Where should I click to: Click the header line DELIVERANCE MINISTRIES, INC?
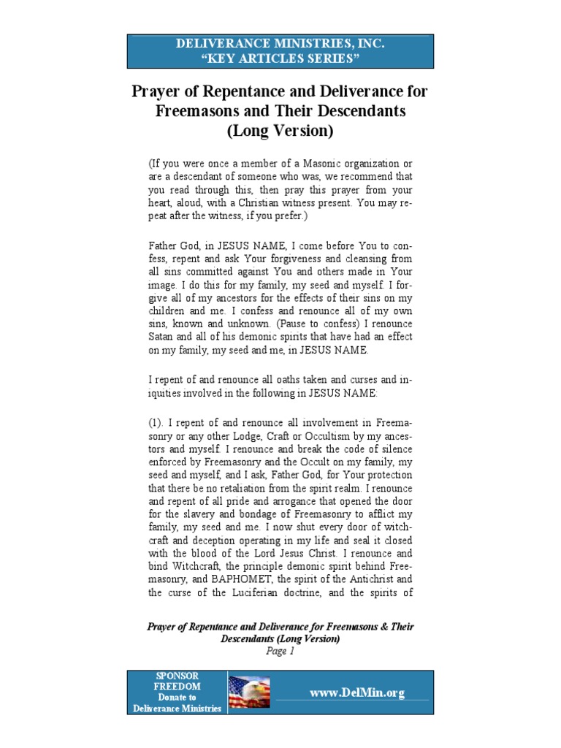point(280,44)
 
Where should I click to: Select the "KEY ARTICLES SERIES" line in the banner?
point(280,58)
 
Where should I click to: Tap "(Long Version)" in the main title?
point(280,131)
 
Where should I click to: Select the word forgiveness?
point(274,259)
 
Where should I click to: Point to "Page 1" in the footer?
point(280,652)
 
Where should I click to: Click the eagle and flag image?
point(250,692)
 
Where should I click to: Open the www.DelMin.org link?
point(356,693)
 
